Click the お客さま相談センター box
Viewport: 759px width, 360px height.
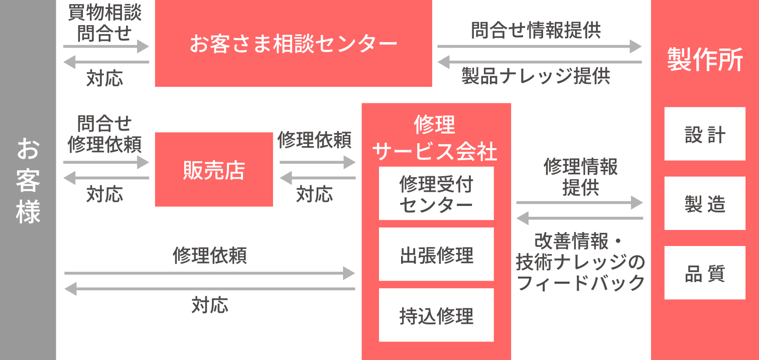[293, 44]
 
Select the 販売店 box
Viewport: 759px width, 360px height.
[214, 170]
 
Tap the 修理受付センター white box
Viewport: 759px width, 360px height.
[436, 194]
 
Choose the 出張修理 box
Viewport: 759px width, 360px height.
[436, 255]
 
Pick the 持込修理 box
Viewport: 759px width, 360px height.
[436, 315]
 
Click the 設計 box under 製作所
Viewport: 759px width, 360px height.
[705, 134]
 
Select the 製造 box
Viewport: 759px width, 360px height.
[705, 203]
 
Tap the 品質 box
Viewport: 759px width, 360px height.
[705, 273]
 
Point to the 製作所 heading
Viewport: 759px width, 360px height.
[705, 60]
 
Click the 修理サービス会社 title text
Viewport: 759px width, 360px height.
[436, 138]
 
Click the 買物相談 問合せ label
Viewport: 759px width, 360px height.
[104, 23]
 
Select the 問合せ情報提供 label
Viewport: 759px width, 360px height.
[536, 30]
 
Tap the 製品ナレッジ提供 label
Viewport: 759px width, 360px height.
[536, 76]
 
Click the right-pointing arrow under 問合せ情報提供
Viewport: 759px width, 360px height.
[539, 46]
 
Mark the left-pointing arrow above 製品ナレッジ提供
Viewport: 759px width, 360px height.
[539, 62]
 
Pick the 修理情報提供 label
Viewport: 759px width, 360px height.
[580, 177]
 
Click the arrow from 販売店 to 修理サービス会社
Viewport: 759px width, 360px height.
[317, 162]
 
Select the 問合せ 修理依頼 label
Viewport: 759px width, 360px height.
[104, 134]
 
